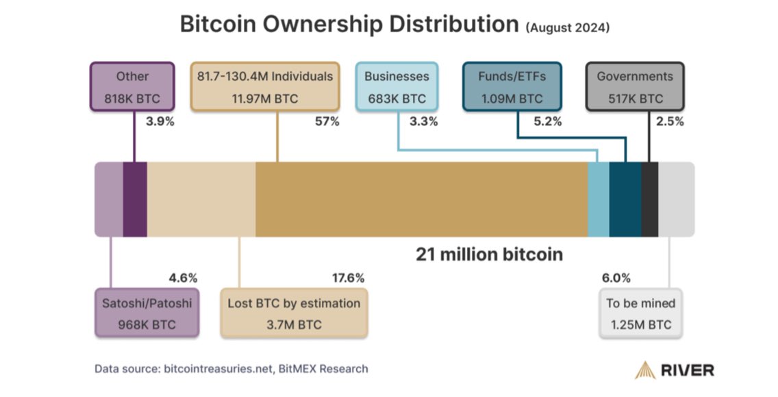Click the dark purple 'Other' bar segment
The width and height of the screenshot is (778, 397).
tap(134, 199)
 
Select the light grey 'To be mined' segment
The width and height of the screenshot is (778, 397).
tap(675, 199)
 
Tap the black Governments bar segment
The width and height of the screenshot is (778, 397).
tap(649, 199)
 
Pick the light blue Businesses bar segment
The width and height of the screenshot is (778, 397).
tap(598, 199)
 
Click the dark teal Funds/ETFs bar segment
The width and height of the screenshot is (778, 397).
tap(625, 199)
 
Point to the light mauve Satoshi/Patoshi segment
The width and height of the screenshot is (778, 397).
tap(108, 199)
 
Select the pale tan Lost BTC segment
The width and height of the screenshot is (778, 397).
tap(201, 199)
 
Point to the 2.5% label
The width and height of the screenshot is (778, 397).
tap(669, 122)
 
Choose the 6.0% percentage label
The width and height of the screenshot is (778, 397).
tap(616, 278)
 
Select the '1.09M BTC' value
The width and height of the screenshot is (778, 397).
tap(512, 99)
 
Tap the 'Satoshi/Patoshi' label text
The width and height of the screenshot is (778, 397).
tap(147, 303)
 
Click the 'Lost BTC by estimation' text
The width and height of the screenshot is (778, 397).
tap(293, 303)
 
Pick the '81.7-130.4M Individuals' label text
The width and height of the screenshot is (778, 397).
tap(264, 76)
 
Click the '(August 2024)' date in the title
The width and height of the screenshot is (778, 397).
tap(567, 27)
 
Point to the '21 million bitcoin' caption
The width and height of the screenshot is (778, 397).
tap(489, 255)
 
